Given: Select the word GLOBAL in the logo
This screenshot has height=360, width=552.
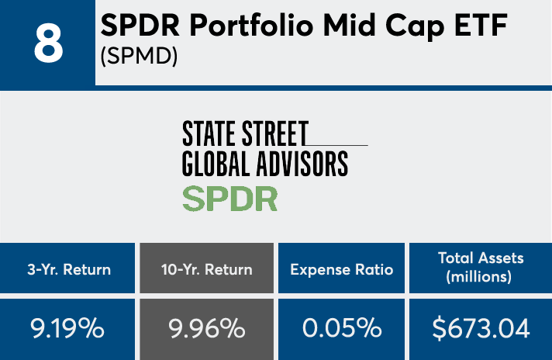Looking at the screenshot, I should point(212,164).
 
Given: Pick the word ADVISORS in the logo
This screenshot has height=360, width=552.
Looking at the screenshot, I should point(298,164).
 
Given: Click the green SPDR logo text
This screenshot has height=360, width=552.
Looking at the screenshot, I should point(229,199).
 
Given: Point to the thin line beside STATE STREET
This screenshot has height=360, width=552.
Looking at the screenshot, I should point(338,145).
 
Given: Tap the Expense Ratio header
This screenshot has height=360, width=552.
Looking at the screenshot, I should point(342,269).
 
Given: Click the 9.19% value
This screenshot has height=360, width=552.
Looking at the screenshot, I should point(67,328).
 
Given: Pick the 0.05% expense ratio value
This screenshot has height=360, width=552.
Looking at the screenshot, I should point(343,328).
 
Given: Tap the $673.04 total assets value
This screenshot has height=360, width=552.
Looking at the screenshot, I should point(481,328).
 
